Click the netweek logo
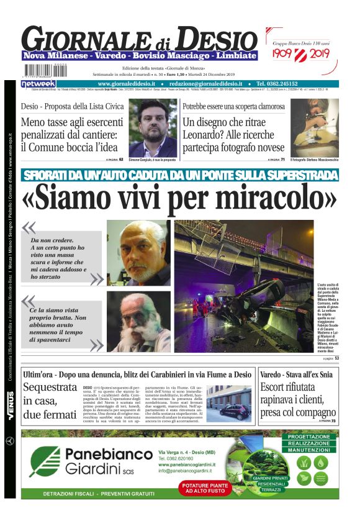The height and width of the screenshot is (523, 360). pos(38,83)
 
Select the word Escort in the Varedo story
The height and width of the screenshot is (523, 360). pos(277,389)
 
